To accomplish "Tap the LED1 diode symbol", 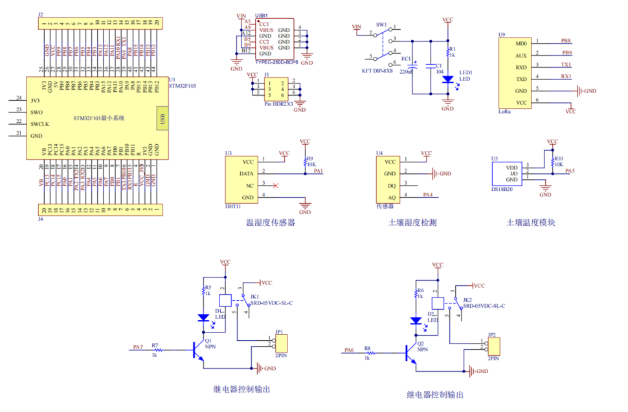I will pos(447,78).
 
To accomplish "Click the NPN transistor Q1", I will pos(197,350).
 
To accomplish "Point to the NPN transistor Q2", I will pos(409,353).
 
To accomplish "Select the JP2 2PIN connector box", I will pos(493,346).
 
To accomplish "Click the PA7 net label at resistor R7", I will pos(137,347).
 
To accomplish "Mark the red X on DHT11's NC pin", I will pos(276,186).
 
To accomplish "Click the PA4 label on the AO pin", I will pos(428,194).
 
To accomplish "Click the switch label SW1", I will pos(380,25).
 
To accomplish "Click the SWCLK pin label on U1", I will pos(41,124).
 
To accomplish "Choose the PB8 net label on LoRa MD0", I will pos(566,40).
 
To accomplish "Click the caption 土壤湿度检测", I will pos(412,222).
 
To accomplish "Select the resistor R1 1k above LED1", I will pos(447,51).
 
